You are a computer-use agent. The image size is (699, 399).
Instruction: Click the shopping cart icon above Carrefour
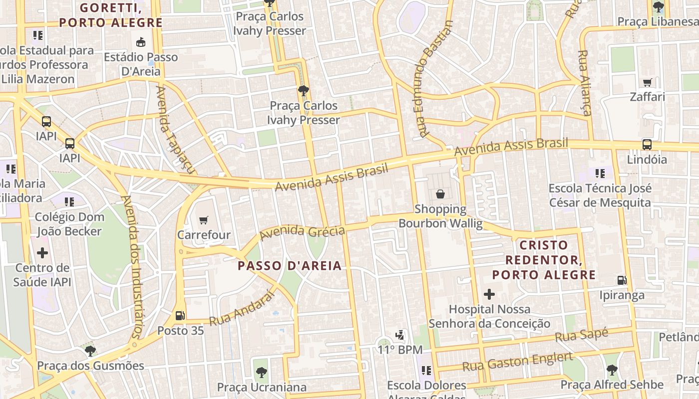click(x=203, y=220)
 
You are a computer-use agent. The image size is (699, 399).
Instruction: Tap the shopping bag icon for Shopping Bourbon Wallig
click(x=440, y=194)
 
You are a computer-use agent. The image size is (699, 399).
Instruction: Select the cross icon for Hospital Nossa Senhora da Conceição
click(x=489, y=294)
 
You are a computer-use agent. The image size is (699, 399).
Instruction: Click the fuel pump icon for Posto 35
click(x=180, y=315)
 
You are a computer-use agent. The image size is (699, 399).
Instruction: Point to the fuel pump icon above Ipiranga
click(x=622, y=280)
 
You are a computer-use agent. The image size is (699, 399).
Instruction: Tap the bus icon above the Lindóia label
click(x=647, y=145)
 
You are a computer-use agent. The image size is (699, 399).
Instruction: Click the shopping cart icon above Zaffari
click(x=648, y=82)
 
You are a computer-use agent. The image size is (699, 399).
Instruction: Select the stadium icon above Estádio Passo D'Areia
click(x=141, y=42)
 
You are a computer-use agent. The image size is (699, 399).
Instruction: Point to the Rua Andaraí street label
click(x=242, y=309)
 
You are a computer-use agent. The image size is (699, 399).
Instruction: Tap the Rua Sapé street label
click(x=582, y=335)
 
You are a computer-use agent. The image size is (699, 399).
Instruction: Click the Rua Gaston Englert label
click(x=517, y=362)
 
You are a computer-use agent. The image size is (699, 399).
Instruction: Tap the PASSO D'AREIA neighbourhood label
click(x=290, y=265)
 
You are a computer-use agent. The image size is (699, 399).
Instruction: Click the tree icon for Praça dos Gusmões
click(x=90, y=351)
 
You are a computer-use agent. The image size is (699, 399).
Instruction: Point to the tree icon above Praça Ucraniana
click(x=261, y=372)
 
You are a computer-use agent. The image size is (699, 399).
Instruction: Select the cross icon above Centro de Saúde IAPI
click(x=42, y=253)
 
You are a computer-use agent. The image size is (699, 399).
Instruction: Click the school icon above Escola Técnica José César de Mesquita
click(x=600, y=174)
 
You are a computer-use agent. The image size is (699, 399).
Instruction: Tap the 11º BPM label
click(x=399, y=350)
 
